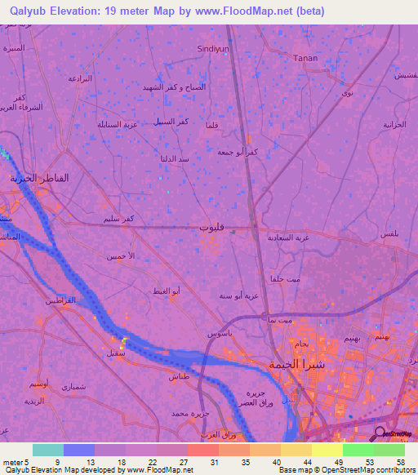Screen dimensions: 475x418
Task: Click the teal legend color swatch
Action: pos(48,450)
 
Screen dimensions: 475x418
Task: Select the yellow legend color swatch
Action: pos(327,450)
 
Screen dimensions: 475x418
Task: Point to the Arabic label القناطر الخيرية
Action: pos(39,177)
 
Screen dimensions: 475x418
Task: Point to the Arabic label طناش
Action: pos(179,377)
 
